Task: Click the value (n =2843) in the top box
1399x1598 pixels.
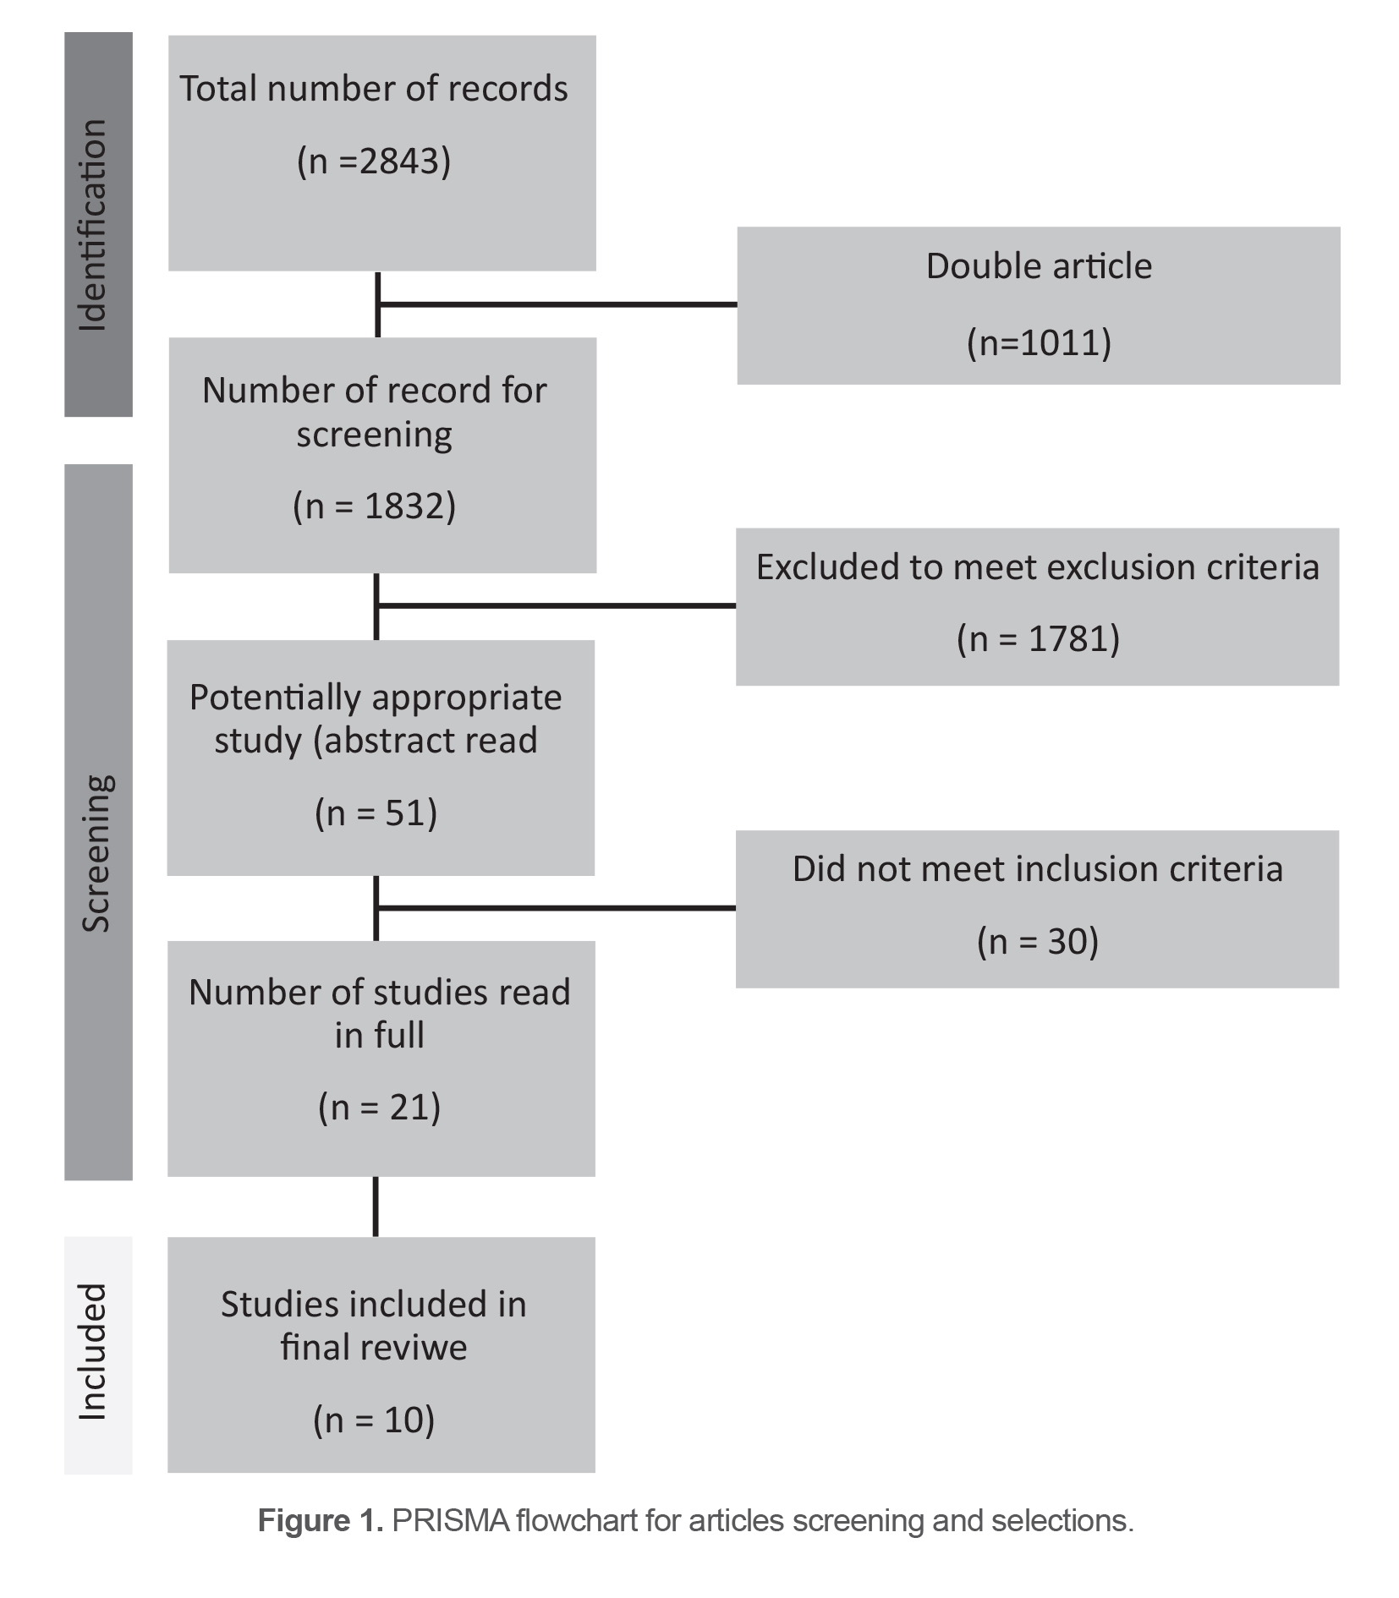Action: [x=374, y=161]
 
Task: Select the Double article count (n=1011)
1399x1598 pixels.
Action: [x=1039, y=342]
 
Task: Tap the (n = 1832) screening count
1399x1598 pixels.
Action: [x=374, y=506]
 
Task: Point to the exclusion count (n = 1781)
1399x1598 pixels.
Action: [x=1038, y=638]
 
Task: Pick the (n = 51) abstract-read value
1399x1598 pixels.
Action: [x=376, y=813]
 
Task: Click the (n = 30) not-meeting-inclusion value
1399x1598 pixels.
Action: [x=1037, y=941]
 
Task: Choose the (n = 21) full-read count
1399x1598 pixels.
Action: [x=379, y=1107]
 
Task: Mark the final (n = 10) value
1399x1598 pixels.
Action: [x=374, y=1420]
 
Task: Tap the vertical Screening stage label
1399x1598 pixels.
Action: [x=96, y=854]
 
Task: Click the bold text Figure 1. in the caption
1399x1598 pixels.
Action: [x=321, y=1521]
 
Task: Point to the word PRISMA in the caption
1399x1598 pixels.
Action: [x=450, y=1521]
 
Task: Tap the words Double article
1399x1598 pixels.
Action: [x=1039, y=266]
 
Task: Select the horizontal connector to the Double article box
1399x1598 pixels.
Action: [x=558, y=304]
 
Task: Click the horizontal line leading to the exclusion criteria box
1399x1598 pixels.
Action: [x=557, y=605]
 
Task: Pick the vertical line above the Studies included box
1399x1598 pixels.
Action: [x=376, y=1207]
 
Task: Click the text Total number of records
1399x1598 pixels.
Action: [x=374, y=89]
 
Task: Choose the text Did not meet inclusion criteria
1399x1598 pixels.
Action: [x=1037, y=869]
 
